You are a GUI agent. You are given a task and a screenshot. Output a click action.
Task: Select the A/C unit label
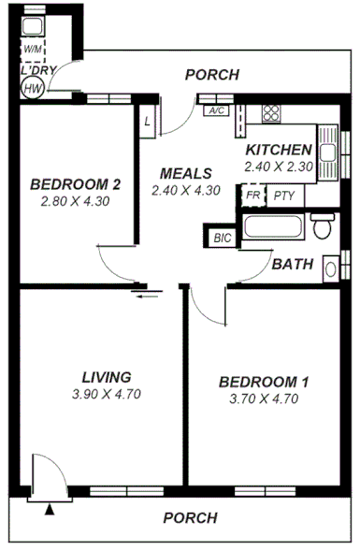[x=217, y=110]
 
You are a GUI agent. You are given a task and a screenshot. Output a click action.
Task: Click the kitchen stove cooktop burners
[x=271, y=113]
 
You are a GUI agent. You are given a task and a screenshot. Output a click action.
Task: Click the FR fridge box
[x=252, y=196]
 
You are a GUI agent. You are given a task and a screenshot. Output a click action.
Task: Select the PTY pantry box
[x=282, y=196]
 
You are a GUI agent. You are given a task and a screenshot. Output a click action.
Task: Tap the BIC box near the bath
[x=222, y=238]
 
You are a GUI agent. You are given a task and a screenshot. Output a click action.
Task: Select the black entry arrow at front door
[x=50, y=510]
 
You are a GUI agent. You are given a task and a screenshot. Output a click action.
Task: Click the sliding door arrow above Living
[x=145, y=297]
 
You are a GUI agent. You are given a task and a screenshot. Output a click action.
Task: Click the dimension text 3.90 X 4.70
[x=106, y=394]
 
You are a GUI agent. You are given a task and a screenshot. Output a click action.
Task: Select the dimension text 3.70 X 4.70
[x=263, y=399]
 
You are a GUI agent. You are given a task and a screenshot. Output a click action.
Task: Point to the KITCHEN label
[x=278, y=151]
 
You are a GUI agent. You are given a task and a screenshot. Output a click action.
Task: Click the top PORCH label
[x=211, y=75]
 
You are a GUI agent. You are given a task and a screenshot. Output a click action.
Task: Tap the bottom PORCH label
[x=190, y=517]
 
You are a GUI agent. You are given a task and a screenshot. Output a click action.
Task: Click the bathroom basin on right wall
[x=331, y=268]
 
